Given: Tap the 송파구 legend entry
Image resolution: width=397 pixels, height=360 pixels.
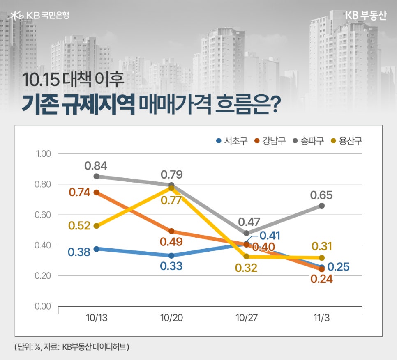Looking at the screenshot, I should point(309,141).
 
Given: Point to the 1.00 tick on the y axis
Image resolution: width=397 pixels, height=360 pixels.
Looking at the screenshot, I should point(42,154).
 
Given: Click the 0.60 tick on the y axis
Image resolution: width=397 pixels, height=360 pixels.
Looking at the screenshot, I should point(42,215).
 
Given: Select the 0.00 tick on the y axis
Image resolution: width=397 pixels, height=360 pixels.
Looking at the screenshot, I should point(42,306).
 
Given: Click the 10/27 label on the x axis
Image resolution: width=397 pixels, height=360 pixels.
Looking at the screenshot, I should point(247,318).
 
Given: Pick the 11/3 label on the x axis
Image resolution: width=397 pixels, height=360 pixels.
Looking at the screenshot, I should point(321,318).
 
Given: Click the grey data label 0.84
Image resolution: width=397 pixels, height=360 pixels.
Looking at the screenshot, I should point(96,166).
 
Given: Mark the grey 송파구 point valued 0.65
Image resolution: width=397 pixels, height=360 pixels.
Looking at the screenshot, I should point(321,206).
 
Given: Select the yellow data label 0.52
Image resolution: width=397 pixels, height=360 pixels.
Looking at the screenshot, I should point(79,226).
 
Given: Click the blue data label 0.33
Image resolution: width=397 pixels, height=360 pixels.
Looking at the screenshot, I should point(171,266).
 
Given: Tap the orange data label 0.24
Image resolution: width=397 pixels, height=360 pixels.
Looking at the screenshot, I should point(321,280).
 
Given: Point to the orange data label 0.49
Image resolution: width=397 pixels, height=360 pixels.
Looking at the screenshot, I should point(171,242).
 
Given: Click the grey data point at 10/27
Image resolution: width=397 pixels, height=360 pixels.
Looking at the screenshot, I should point(246,233).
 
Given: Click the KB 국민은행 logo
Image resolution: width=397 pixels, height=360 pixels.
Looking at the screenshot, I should point(40,16).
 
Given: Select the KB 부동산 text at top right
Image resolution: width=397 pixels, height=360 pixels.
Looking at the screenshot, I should point(366,15).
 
